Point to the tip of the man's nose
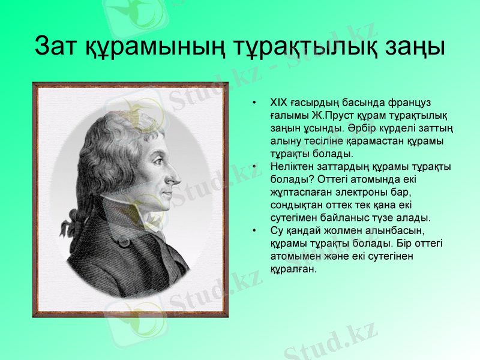pyautogui.click(x=178, y=179)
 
